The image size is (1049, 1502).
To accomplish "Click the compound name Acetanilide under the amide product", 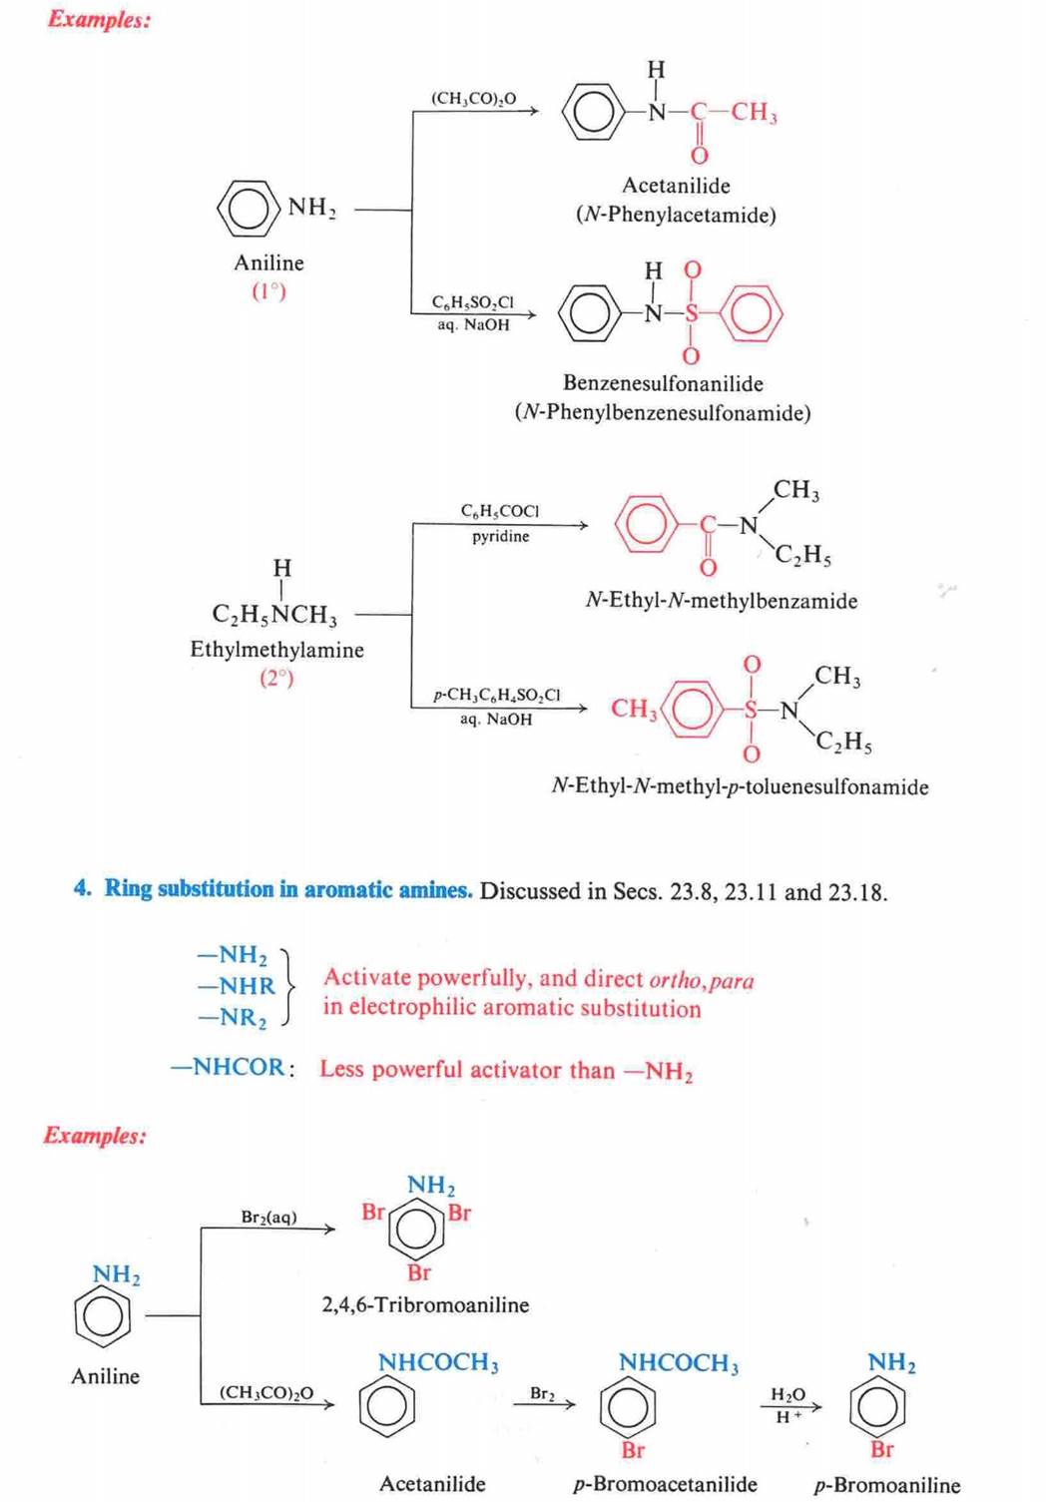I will (x=676, y=186).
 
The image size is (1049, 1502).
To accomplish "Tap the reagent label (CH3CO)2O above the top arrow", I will (x=473, y=98).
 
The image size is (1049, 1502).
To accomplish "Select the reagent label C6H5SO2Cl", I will (x=472, y=301).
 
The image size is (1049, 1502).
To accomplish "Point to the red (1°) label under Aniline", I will (x=268, y=291).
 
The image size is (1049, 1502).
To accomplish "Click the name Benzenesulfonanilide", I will (x=663, y=383).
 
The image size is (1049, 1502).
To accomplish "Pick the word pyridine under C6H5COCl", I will (x=500, y=536).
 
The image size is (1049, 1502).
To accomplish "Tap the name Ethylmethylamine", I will (x=276, y=650).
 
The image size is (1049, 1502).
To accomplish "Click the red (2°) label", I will (x=276, y=678).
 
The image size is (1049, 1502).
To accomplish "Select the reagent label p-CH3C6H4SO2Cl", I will (x=496, y=695).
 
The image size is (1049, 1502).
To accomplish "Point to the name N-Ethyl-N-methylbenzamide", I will (x=721, y=601).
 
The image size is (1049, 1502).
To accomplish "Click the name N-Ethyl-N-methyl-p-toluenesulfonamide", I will (x=740, y=786).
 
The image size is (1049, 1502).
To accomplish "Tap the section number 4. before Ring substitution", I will (x=82, y=888).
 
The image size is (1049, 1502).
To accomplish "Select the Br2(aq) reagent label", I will (x=268, y=1217).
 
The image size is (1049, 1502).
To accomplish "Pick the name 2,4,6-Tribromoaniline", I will (x=425, y=1304).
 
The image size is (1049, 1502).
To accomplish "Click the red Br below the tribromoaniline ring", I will (x=419, y=1272).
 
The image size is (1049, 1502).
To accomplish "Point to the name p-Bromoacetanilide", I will (x=665, y=1484).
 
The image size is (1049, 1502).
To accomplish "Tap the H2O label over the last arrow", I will (x=787, y=1394).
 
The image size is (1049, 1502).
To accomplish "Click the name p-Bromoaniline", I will (x=886, y=1485).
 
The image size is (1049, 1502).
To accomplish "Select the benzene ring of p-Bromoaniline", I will (x=877, y=1406).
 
